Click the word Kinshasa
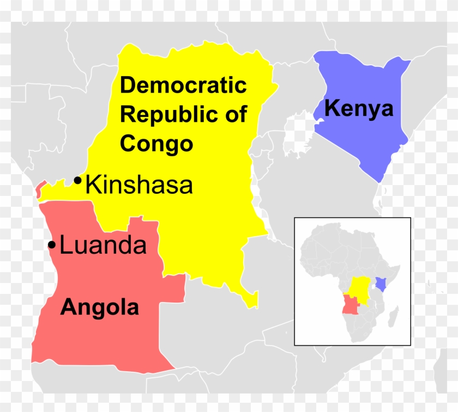tap(140, 185)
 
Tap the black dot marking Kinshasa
tap(79, 180)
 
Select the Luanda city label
tap(103, 245)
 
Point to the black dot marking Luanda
tap(52, 245)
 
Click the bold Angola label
tap(99, 308)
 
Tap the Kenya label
tap(358, 109)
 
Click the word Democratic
tap(183, 85)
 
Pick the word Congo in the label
tap(156, 144)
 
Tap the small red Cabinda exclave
tap(38, 191)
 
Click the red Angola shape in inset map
tap(349, 305)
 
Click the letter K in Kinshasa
tap(94, 185)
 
